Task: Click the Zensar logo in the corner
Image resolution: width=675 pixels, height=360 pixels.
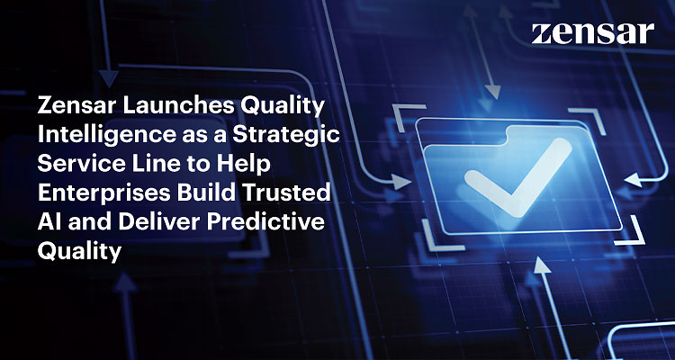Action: click(x=593, y=33)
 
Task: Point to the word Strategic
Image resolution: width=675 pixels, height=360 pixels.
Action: click(x=286, y=134)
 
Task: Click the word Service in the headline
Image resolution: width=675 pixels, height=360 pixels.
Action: click(x=70, y=164)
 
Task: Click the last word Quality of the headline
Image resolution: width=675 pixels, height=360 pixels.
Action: click(x=79, y=250)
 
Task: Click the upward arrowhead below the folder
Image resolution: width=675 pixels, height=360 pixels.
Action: click(x=543, y=264)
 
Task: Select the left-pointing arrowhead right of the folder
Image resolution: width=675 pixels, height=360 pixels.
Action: click(x=634, y=179)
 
